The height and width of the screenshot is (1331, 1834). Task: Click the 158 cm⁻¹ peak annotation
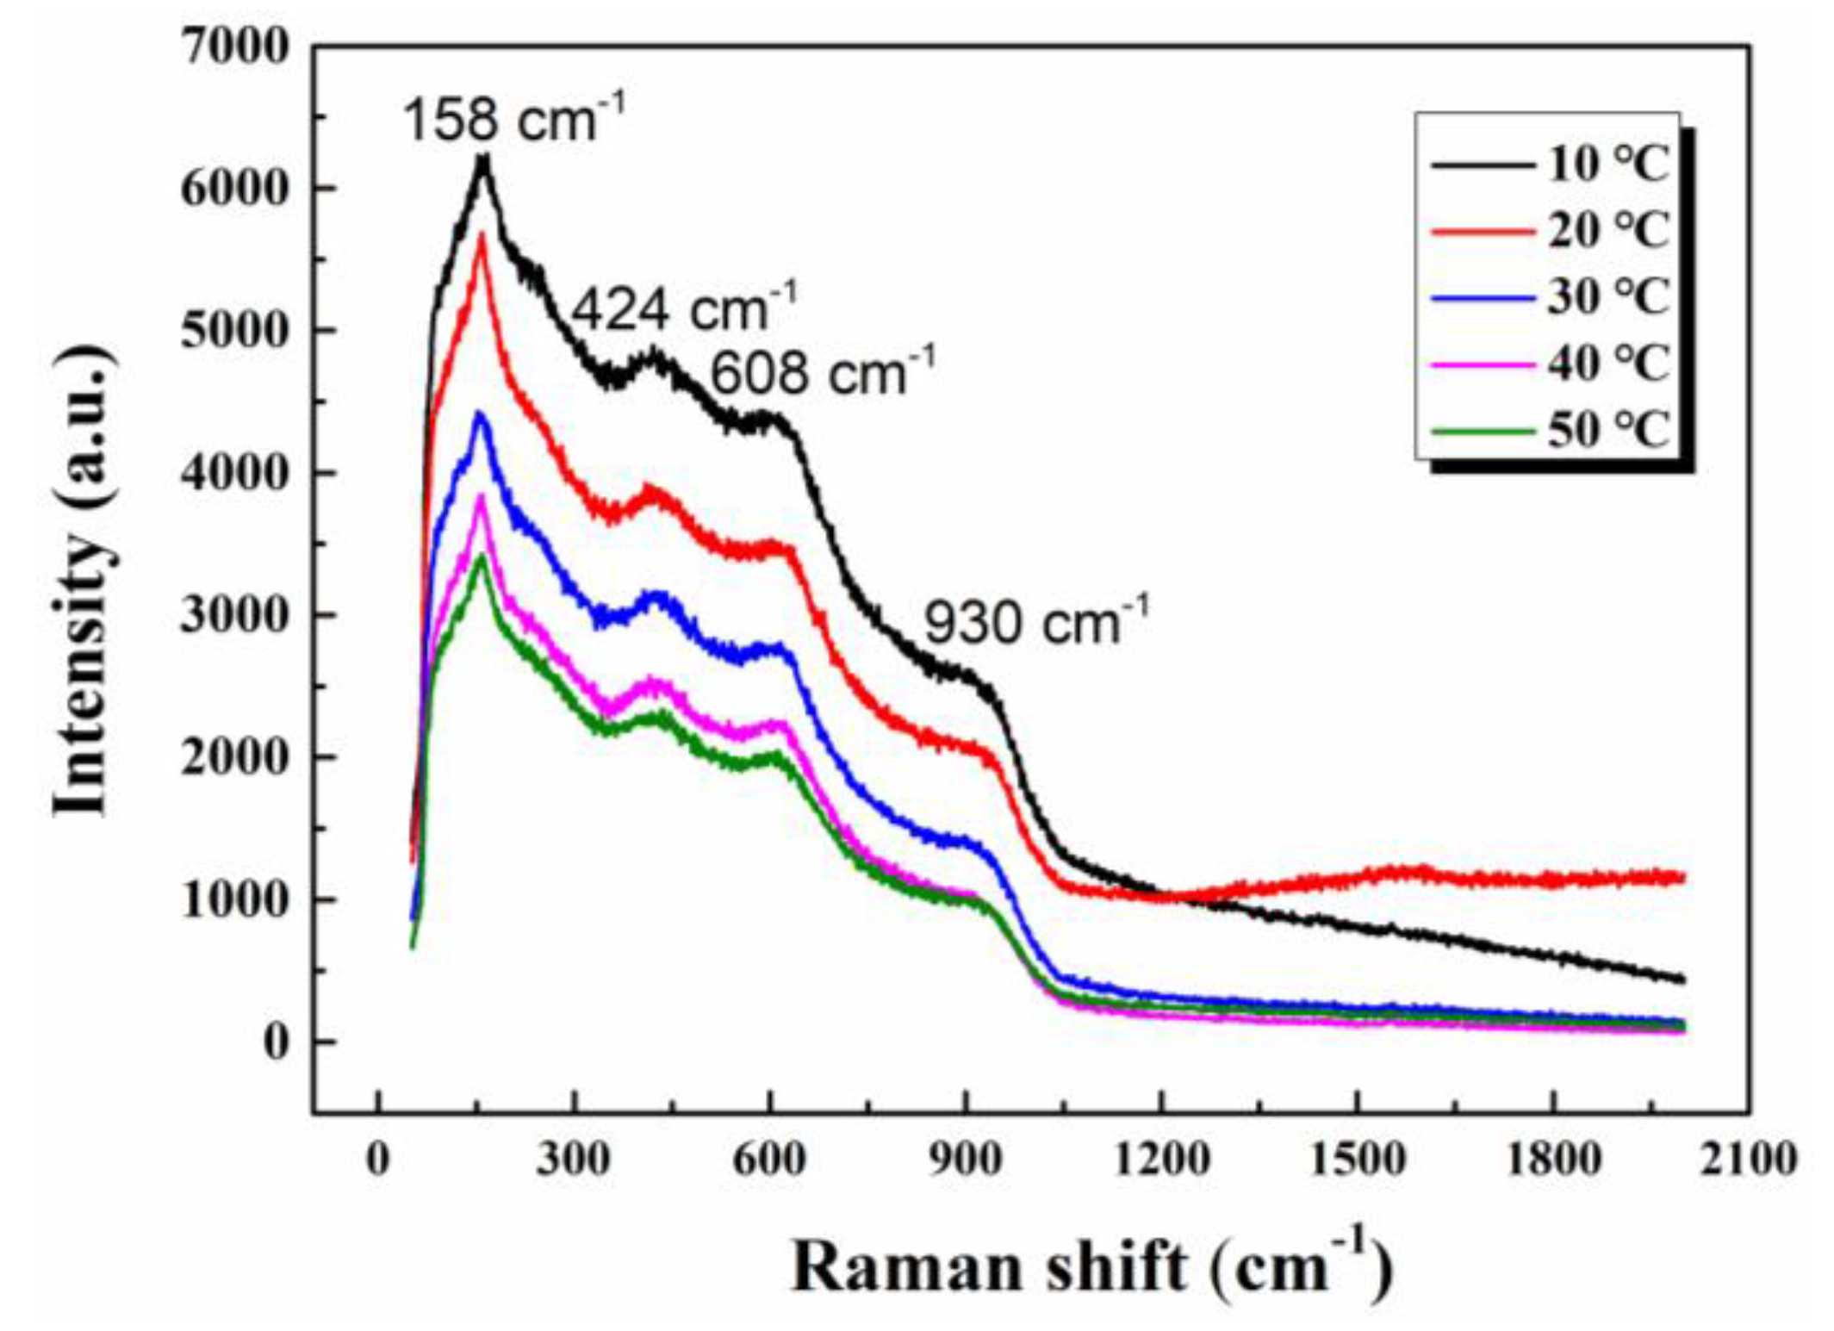[x=512, y=119]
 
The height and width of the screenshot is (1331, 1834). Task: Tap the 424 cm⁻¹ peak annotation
[x=683, y=308]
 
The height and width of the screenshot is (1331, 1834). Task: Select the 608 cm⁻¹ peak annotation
[x=821, y=373]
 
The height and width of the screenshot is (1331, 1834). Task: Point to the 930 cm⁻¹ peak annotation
[x=1035, y=623]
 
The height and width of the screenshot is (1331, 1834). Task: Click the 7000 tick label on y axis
[x=233, y=47]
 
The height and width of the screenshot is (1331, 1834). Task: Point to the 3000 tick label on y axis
[x=233, y=616]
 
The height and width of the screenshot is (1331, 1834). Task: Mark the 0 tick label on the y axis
[x=276, y=1042]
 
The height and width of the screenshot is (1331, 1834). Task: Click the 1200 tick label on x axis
[x=1161, y=1160]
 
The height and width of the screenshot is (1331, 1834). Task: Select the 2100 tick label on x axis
[x=1749, y=1160]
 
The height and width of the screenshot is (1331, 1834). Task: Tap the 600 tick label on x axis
[x=769, y=1160]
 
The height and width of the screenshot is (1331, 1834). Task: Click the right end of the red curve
[x=1682, y=877]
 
